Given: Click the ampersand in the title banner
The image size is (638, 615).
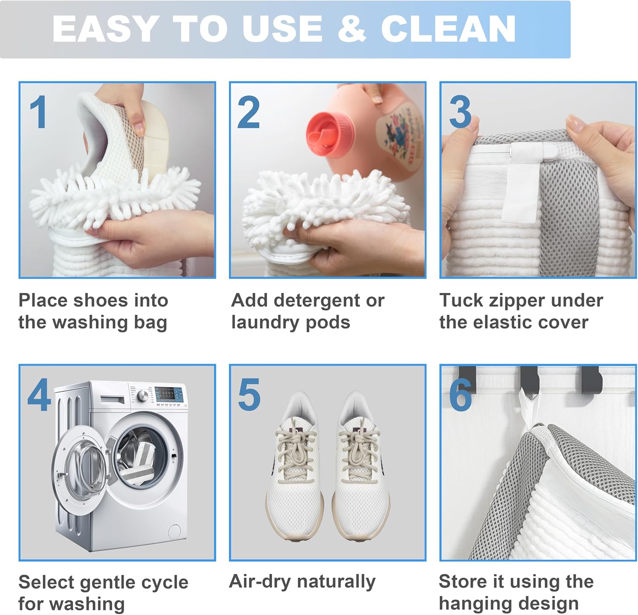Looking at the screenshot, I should point(352,29).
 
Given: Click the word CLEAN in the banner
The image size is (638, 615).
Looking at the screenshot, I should point(448,29).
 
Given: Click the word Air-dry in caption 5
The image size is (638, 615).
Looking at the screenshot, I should point(259,581).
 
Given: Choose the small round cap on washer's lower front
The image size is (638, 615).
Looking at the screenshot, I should point(174,531).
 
